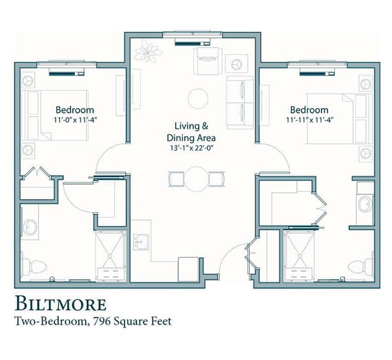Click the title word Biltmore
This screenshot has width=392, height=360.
pyautogui.click(x=61, y=304)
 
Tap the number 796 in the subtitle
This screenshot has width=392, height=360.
pyautogui.click(x=102, y=321)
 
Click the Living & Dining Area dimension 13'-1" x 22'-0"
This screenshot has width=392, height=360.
pyautogui.click(x=191, y=148)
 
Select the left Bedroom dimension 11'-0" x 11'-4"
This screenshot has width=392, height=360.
pyautogui.click(x=75, y=120)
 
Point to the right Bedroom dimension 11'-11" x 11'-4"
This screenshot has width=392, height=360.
pyautogui.click(x=310, y=120)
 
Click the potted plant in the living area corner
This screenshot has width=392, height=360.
pyautogui.click(x=148, y=51)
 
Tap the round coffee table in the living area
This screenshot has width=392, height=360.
pyautogui.click(x=198, y=99)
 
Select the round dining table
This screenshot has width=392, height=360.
pyautogui.click(x=197, y=179)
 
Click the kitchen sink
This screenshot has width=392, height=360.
pyautogui.click(x=141, y=241)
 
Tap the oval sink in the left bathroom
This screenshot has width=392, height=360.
pyautogui.click(x=30, y=227)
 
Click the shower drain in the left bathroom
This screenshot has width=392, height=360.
pyautogui.click(x=110, y=256)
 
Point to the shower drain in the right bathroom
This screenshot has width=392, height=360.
pyautogui.click(x=299, y=256)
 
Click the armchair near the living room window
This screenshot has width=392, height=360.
pyautogui.click(x=208, y=61)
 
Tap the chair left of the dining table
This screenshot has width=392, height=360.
pyautogui.click(x=176, y=179)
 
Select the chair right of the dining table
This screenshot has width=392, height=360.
pyautogui.click(x=217, y=179)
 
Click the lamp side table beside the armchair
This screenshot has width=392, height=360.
pyautogui.click(x=236, y=64)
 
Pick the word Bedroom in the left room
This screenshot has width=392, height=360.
pyautogui.click(x=75, y=110)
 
